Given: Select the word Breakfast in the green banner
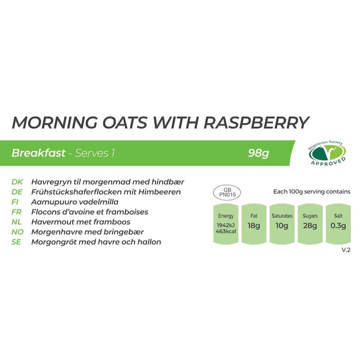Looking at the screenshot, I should (38, 153).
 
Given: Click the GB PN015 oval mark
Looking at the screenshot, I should (227, 191).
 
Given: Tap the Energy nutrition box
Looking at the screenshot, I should (226, 224).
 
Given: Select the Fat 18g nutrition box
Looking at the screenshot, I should (253, 224).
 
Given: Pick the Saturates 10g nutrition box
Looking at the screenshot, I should (281, 224).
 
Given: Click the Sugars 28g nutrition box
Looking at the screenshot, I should (310, 224).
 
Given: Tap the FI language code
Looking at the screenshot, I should (16, 202).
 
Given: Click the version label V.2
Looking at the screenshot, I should (345, 250).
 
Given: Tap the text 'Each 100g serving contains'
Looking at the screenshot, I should (311, 192).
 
